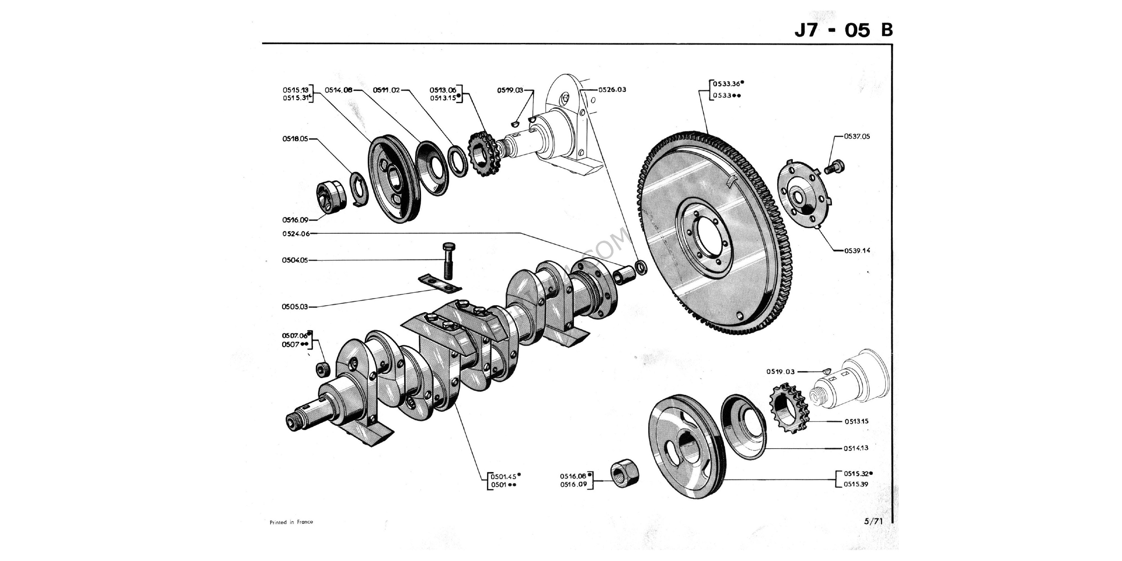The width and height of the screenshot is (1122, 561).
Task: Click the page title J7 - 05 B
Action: point(843,30)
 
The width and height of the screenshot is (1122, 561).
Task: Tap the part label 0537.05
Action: point(857,136)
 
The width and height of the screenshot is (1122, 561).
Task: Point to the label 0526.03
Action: point(612,90)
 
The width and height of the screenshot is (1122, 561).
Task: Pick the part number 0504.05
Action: point(295,261)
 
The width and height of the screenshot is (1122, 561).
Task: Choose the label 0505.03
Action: point(295,307)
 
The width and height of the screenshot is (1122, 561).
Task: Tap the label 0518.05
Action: point(295,139)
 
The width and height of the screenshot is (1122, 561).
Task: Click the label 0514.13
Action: point(856,448)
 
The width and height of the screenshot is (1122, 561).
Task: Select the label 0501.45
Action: point(503,477)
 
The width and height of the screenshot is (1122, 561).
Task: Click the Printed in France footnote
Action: point(291,522)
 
